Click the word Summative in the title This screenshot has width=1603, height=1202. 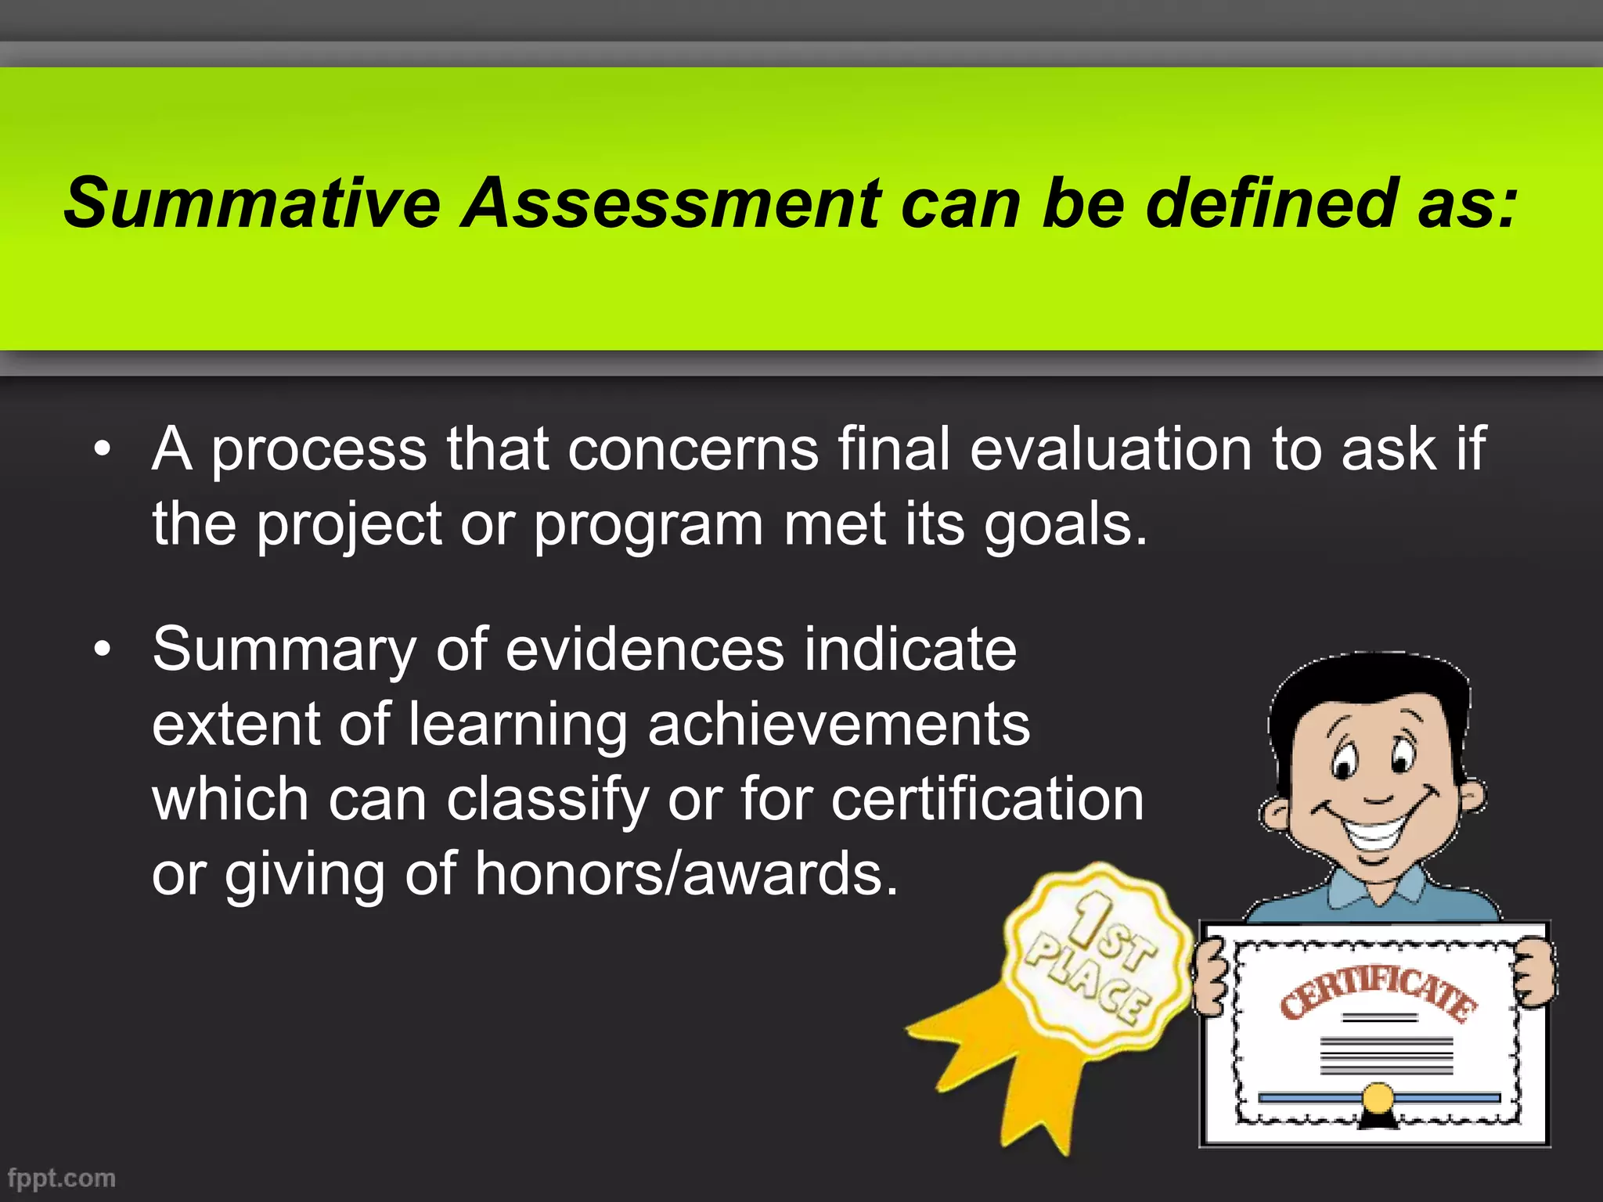[x=252, y=203]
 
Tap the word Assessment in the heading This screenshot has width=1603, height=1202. [x=672, y=203]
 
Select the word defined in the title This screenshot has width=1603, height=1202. [x=1272, y=203]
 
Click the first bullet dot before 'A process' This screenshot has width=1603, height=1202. [x=102, y=450]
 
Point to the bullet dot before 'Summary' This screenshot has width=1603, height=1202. [x=102, y=650]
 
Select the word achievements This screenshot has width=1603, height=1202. [x=839, y=725]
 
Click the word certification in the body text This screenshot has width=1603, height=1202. [x=988, y=800]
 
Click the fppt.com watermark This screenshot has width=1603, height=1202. [x=61, y=1179]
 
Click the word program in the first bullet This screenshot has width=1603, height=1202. [x=648, y=526]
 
